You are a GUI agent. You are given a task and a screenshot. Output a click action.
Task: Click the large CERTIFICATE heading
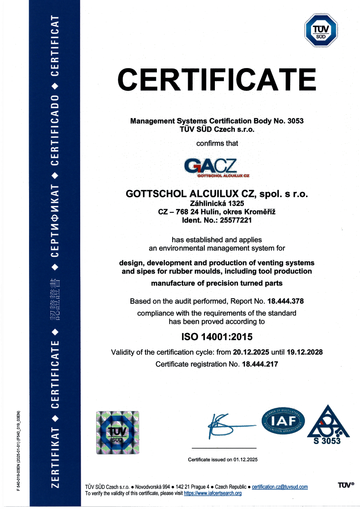tap(217, 80)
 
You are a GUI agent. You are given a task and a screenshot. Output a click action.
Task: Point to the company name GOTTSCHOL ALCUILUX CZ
tap(190, 194)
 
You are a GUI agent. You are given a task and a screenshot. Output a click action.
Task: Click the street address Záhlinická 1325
tap(217, 204)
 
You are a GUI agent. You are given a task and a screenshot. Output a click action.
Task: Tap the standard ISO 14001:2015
tap(217, 337)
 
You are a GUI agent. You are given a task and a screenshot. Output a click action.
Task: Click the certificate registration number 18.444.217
tap(261, 364)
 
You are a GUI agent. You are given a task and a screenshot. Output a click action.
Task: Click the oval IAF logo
tap(283, 421)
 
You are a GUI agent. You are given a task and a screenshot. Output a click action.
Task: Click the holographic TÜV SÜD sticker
tap(117, 432)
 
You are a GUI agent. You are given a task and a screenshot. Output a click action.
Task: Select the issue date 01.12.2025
tap(245, 460)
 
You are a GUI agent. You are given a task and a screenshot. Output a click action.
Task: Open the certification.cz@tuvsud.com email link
tap(280, 487)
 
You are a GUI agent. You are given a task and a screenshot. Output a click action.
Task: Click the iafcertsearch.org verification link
tap(213, 493)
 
